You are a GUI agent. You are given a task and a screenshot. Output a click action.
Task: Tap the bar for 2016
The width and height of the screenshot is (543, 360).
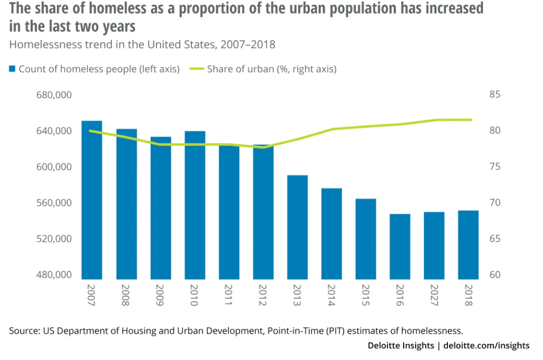click(x=400, y=246)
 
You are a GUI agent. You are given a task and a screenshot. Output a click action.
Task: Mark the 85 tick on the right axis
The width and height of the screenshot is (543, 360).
click(x=495, y=95)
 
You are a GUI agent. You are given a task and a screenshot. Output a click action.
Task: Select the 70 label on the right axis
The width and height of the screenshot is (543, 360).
click(x=495, y=203)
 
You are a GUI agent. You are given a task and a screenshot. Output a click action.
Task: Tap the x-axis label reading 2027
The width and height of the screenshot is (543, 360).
click(x=434, y=296)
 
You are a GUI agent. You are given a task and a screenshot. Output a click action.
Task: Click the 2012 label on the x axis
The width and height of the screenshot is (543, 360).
click(x=263, y=296)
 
